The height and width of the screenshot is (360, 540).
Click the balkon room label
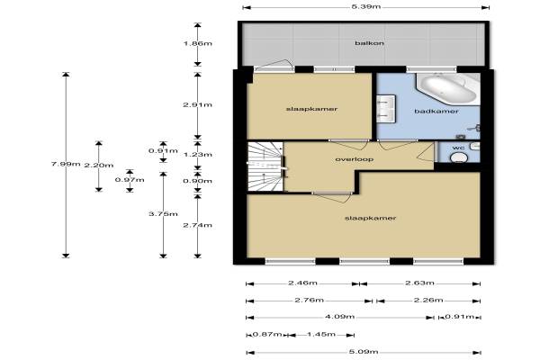[369, 43]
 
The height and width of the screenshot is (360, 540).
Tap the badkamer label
[436, 112]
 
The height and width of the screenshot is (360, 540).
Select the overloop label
[354, 159]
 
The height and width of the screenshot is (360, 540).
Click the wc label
[458, 148]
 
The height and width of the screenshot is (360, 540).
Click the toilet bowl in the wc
[459, 157]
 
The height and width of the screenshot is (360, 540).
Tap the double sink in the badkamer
[385, 109]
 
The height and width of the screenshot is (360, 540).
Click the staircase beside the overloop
[265, 166]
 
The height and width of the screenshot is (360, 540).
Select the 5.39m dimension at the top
[365, 7]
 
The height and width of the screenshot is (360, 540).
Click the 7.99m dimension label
[66, 164]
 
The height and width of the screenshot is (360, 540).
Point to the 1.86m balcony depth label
[197, 43]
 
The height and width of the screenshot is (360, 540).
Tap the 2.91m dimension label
[197, 104]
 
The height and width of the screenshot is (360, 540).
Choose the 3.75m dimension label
[163, 214]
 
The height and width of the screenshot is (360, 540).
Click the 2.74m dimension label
[197, 225]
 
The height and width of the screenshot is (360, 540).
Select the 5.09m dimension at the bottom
[364, 352]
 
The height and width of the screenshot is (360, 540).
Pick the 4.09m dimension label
[339, 317]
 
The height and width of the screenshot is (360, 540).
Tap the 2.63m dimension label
[419, 283]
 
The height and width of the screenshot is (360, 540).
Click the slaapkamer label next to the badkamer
[311, 109]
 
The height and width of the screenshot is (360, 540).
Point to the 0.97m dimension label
[130, 180]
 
